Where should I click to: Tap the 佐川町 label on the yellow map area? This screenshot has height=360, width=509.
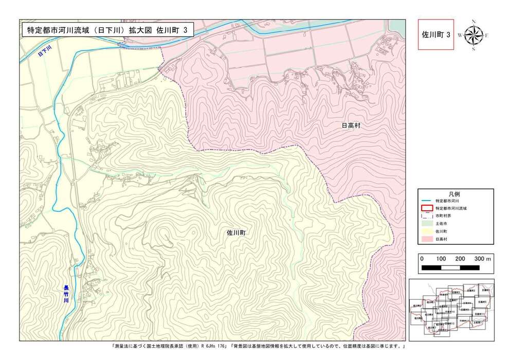(x=237, y=232)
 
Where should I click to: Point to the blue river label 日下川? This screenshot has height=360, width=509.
(x=46, y=51)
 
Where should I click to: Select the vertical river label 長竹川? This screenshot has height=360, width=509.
(x=66, y=294)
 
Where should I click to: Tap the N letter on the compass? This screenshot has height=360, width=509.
(x=474, y=22)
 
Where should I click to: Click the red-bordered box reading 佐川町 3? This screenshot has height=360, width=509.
(x=436, y=35)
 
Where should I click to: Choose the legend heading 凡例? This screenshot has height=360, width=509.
(x=454, y=193)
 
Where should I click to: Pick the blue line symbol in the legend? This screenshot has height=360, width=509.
(x=426, y=201)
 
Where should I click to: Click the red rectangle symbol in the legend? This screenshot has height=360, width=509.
(x=426, y=208)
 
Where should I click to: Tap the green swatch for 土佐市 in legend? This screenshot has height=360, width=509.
(x=426, y=224)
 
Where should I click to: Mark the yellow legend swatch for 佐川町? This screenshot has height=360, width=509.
(x=426, y=232)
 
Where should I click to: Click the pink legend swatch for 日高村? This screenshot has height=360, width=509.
(x=426, y=240)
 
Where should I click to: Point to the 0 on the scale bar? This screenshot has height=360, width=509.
(x=422, y=259)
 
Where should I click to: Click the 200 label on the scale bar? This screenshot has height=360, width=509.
(x=460, y=259)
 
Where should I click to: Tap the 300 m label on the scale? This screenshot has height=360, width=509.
(x=483, y=259)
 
